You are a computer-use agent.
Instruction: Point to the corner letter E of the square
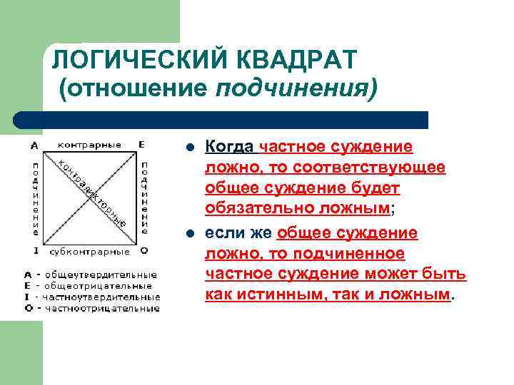142,145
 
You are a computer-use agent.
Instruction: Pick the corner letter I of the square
34,251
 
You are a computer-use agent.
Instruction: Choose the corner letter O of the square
143,251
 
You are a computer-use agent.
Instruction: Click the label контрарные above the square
89,145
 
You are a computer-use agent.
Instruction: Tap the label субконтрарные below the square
89,251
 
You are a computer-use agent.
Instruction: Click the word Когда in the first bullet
229,148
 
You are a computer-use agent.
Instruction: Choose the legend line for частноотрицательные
92,309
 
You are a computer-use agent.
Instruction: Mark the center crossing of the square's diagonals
89,198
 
